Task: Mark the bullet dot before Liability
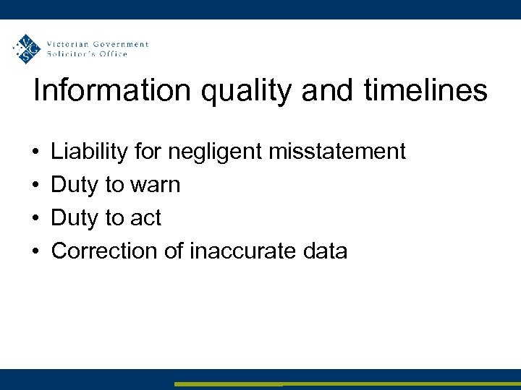click(35, 152)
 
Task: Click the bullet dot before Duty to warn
click(35, 186)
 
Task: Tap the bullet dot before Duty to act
click(35, 218)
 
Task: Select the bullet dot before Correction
click(35, 251)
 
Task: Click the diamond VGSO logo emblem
click(27, 49)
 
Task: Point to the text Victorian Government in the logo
click(97, 44)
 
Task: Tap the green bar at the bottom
click(347, 384)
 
